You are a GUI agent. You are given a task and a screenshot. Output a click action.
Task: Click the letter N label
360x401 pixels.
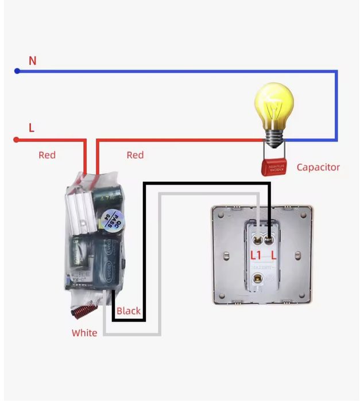point(33,60)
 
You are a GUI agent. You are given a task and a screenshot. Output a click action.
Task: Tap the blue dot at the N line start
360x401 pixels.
point(17,71)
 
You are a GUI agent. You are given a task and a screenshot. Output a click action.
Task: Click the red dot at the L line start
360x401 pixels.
point(16,139)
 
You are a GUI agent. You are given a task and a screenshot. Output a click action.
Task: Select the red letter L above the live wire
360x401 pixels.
point(32,128)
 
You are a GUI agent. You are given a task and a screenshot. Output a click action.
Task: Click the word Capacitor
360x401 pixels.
point(318,168)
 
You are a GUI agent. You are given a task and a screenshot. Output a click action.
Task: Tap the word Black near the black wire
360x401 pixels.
point(129,311)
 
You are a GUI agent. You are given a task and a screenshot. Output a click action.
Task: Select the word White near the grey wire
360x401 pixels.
point(84,333)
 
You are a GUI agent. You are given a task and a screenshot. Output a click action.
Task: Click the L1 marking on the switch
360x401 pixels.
point(256,254)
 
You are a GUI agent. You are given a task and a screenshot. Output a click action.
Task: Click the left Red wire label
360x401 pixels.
point(47,155)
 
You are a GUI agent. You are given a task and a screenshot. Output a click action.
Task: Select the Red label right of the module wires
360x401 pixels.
point(135,155)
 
